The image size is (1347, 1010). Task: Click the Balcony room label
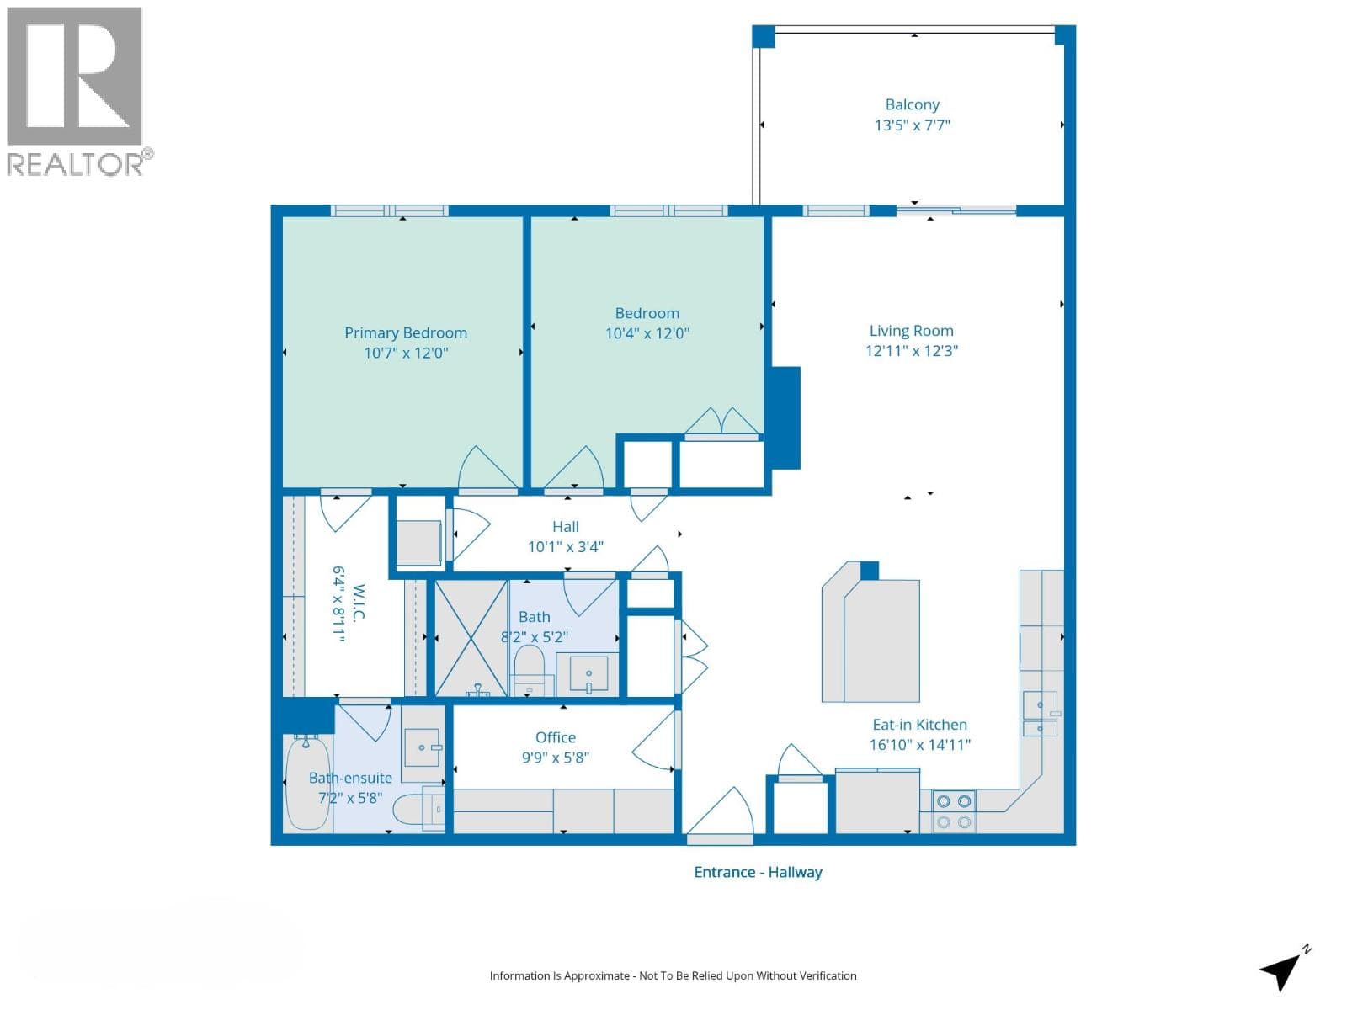tap(912, 105)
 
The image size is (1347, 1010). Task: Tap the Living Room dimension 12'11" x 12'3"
tap(911, 351)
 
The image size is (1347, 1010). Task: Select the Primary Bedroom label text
tap(406, 333)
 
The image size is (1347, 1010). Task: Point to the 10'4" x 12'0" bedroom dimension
tap(647, 333)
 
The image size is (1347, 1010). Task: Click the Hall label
tap(565, 527)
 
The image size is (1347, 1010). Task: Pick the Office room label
tap(556, 738)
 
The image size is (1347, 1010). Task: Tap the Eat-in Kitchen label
tap(919, 725)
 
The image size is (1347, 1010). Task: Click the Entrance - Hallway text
tap(758, 872)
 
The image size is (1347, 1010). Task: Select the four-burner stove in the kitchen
tap(954, 811)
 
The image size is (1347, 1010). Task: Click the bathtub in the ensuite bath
tap(309, 783)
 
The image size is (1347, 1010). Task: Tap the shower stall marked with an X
tap(471, 638)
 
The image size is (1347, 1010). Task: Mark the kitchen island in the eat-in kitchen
tap(870, 632)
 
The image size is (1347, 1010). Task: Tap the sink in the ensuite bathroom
tap(423, 747)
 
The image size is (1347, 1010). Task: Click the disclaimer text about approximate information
tap(673, 975)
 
